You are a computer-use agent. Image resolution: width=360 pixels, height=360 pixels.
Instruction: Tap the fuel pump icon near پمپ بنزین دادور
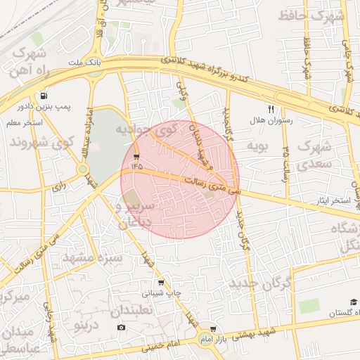pos(44,96)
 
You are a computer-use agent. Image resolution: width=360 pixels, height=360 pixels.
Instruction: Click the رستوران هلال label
pos(271,121)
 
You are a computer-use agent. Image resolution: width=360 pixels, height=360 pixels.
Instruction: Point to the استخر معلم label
pos(24,122)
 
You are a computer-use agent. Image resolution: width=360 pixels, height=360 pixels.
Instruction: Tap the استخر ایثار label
pos(332,201)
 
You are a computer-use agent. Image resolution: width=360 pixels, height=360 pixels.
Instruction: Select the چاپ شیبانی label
pos(162,293)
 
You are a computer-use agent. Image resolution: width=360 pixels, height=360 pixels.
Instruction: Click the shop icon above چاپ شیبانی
pos(162,283)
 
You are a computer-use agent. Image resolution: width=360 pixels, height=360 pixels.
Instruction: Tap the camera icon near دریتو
pos(122,328)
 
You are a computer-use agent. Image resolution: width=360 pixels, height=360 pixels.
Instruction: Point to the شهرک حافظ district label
pos(309,14)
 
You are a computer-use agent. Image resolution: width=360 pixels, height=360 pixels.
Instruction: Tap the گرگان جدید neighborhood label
pos(259,284)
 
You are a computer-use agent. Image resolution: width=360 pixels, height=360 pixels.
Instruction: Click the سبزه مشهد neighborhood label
pos(92,258)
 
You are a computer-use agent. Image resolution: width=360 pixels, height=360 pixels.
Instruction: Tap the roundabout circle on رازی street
pos(83,169)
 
